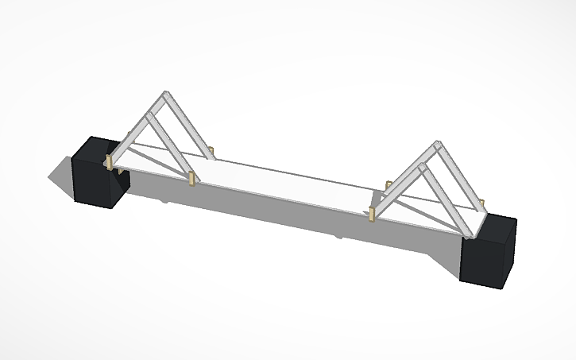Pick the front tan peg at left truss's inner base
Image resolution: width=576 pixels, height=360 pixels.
[192, 179]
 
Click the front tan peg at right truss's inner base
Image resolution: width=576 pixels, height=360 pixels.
[372, 213]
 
